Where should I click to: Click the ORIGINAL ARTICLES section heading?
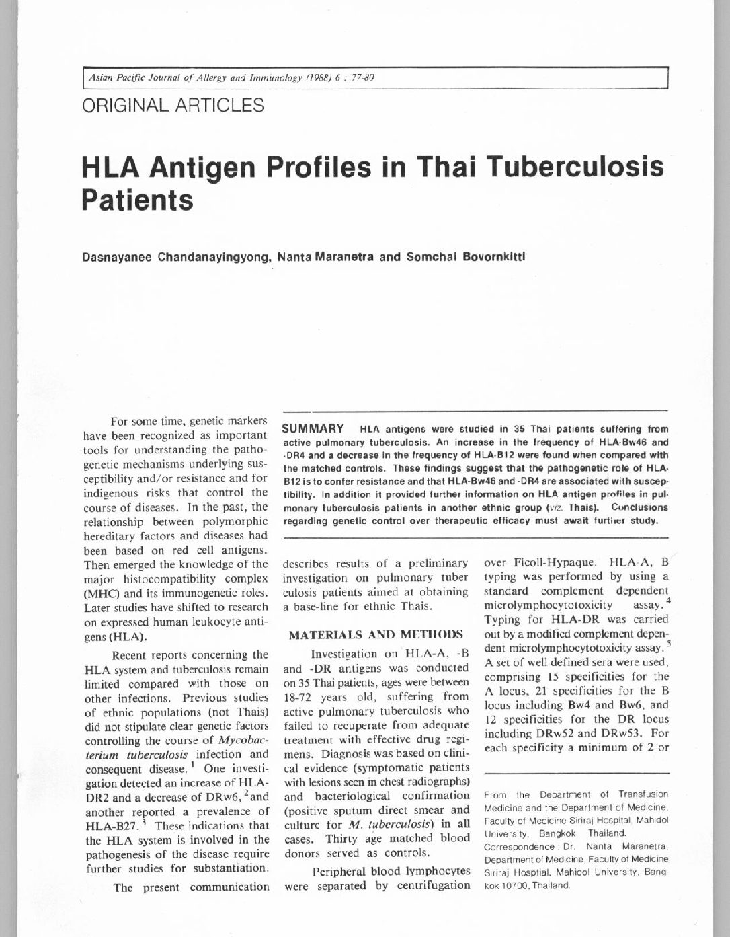coord(173,106)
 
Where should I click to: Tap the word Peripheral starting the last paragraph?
coord(343,872)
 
